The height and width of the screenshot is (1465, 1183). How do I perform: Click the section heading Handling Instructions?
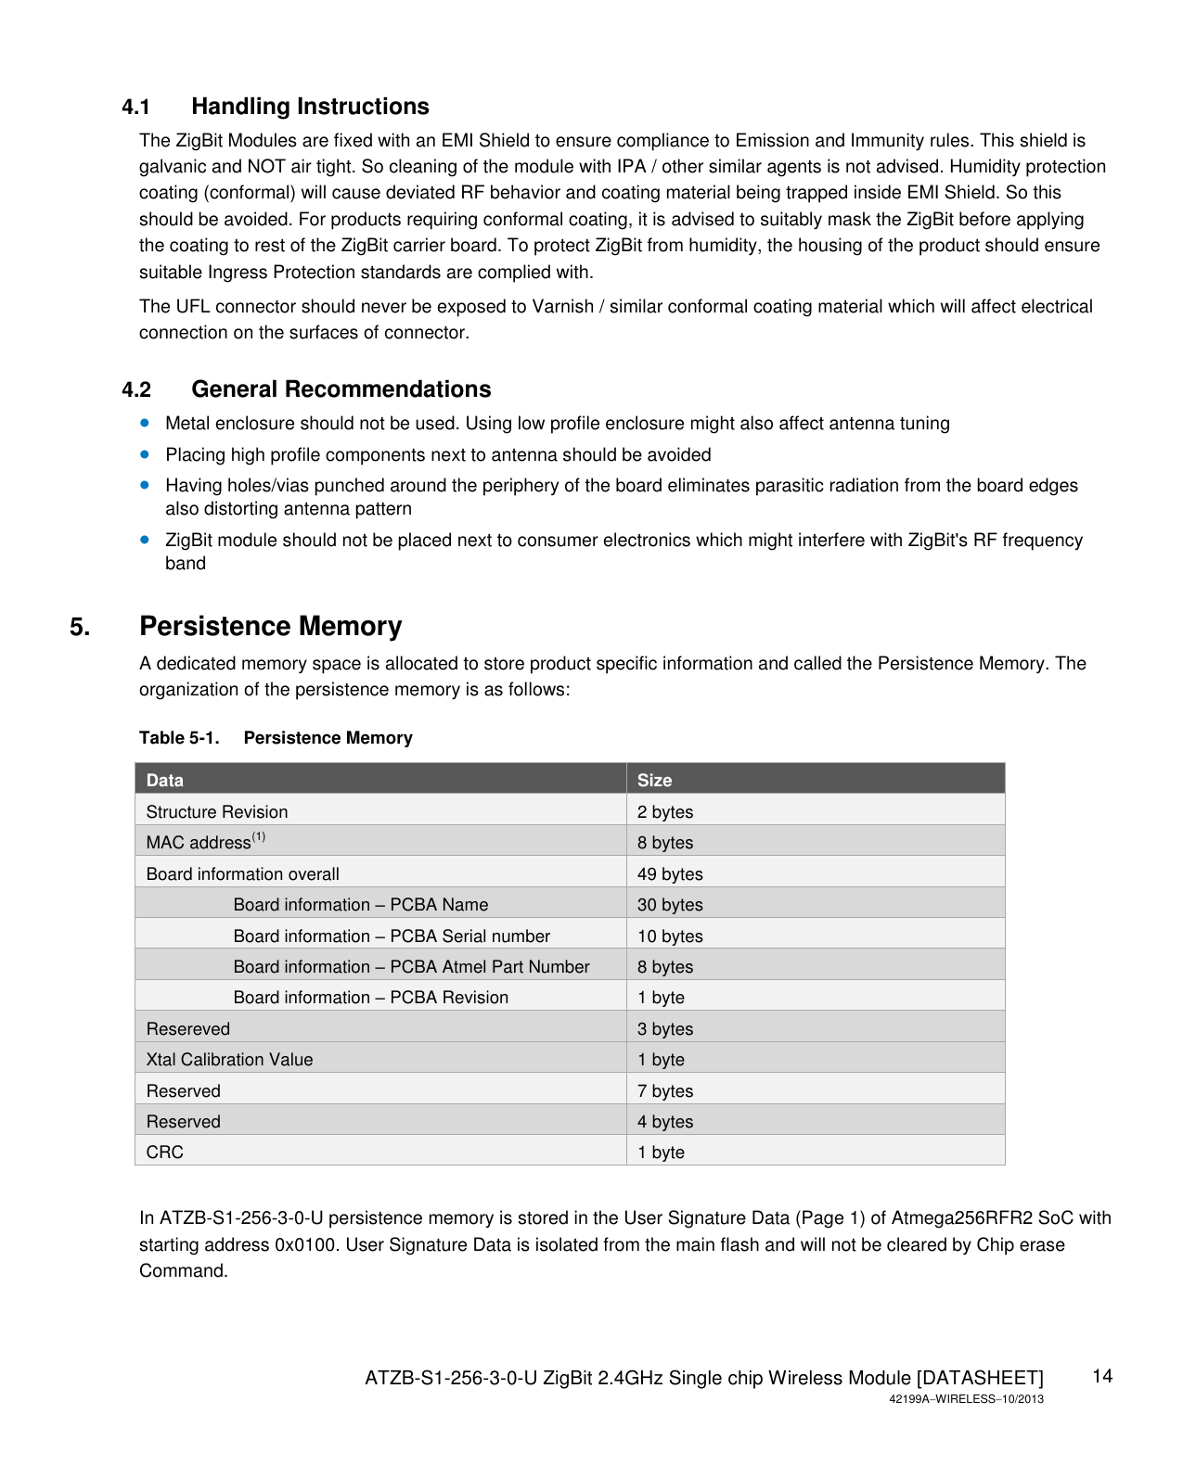pyautogui.click(x=310, y=107)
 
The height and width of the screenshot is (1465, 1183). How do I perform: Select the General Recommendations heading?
pyautogui.click(x=341, y=389)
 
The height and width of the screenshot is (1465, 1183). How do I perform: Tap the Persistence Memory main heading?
pyautogui.click(x=270, y=627)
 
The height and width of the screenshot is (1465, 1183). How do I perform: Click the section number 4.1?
pyautogui.click(x=135, y=108)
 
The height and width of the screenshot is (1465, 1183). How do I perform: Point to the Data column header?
pyautogui.click(x=165, y=780)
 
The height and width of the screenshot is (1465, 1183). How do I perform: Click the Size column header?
pyautogui.click(x=654, y=780)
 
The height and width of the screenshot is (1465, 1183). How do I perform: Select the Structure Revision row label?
pyautogui.click(x=217, y=812)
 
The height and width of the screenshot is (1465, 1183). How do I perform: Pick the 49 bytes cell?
pyautogui.click(x=670, y=874)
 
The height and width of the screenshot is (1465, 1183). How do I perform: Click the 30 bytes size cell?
pyautogui.click(x=670, y=905)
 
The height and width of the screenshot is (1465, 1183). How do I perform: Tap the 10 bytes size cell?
pyautogui.click(x=670, y=936)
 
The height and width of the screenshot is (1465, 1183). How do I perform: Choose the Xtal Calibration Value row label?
pyautogui.click(x=229, y=1060)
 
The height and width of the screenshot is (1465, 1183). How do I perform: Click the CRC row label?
pyautogui.click(x=165, y=1153)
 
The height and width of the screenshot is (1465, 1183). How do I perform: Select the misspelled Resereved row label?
pyautogui.click(x=187, y=1029)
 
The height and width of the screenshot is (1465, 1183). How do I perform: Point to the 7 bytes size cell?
pyautogui.click(x=665, y=1091)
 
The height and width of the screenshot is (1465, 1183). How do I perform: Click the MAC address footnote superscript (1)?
pyautogui.click(x=259, y=837)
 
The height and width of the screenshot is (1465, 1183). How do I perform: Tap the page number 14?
pyautogui.click(x=1102, y=1376)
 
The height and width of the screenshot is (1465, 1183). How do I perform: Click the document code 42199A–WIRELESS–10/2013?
pyautogui.click(x=966, y=1399)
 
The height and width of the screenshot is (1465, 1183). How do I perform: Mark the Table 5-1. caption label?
pyautogui.click(x=179, y=738)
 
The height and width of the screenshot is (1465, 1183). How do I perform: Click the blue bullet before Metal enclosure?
pyautogui.click(x=145, y=423)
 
